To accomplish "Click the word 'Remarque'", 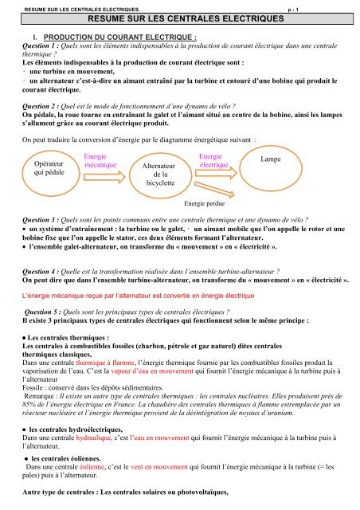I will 42,372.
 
